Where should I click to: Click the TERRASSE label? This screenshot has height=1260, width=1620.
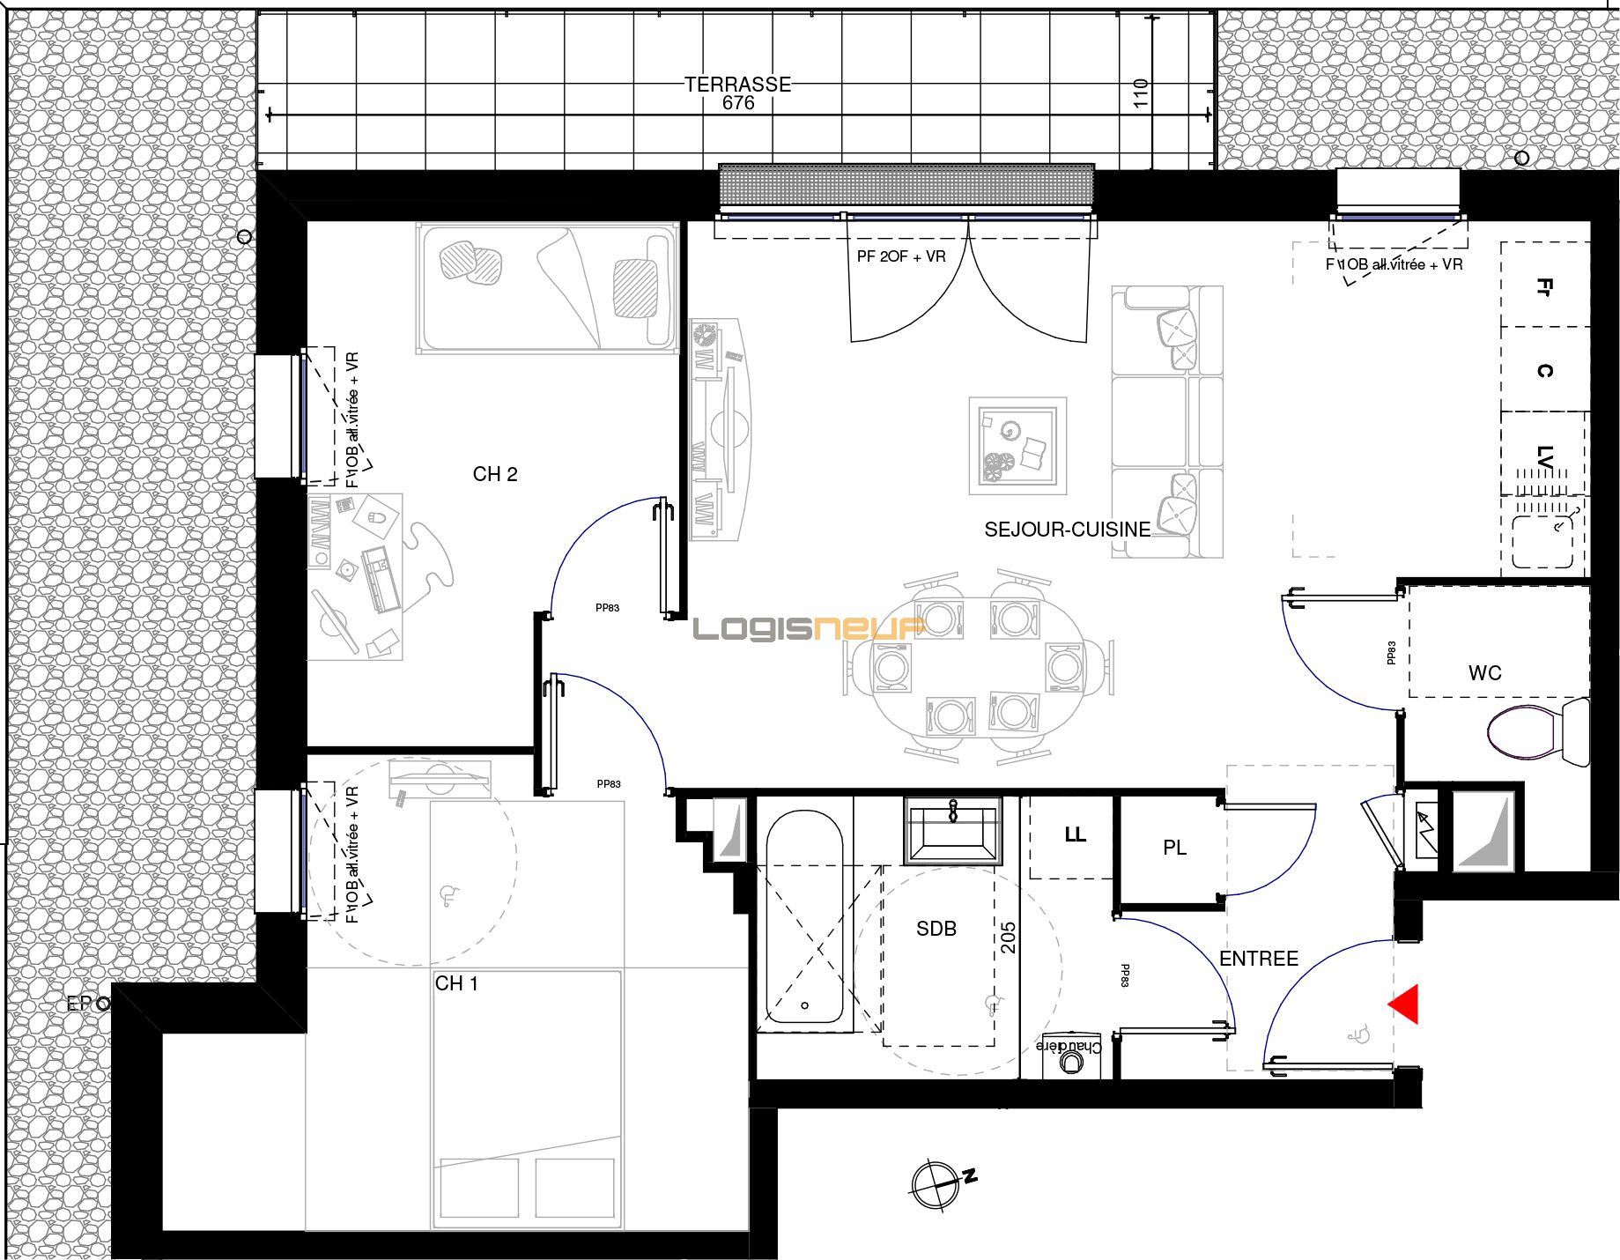(x=737, y=84)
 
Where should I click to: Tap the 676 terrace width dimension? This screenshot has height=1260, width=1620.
(x=737, y=103)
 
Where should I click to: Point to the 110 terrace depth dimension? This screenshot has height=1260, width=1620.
(x=1141, y=94)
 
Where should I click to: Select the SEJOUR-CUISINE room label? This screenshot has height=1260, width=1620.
(x=1067, y=530)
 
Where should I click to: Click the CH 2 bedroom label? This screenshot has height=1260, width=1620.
(x=495, y=474)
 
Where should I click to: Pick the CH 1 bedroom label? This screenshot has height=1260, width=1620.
(x=456, y=983)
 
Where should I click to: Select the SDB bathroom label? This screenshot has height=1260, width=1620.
(x=936, y=929)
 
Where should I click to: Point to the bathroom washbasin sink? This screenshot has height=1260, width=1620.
(x=953, y=830)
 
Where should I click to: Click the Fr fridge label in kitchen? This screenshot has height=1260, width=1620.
(x=1543, y=287)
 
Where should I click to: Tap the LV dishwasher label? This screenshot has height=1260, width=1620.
(x=1543, y=456)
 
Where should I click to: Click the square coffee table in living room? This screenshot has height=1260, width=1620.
(x=1017, y=445)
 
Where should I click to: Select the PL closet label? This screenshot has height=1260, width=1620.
(x=1174, y=848)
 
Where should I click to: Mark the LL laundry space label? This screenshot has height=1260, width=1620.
(x=1075, y=834)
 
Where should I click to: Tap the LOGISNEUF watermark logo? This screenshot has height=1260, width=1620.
(x=808, y=628)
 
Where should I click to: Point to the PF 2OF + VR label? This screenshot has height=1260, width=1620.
(x=901, y=256)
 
